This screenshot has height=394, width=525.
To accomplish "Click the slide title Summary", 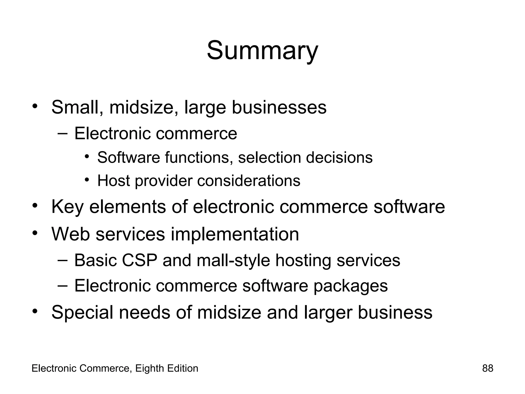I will coord(262,51).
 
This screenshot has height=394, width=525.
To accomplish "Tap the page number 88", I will coord(488,368).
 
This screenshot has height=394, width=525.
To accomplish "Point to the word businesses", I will coord(279,107).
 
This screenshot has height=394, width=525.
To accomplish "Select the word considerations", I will coord(249,181).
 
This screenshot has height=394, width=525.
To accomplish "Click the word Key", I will coord(67,207).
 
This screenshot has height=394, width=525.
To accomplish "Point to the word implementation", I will coord(235,234).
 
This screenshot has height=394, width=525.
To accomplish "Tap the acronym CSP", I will coord(139,260).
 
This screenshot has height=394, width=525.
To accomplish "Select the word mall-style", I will coord(233,261).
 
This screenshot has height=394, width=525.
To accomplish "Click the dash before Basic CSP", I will coord(63,260).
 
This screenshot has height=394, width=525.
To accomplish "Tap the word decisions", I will coord(339,157).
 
